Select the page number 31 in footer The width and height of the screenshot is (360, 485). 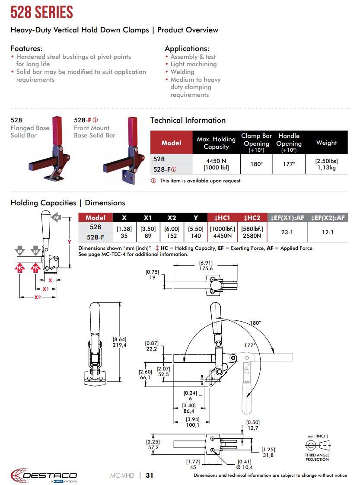tap(150, 475)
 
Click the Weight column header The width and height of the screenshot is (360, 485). tap(326, 143)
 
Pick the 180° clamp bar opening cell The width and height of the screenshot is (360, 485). tap(256, 164)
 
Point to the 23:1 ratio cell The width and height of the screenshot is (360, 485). tap(287, 232)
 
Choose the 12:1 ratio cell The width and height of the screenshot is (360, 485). tap(328, 232)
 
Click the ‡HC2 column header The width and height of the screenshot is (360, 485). tap(252, 218)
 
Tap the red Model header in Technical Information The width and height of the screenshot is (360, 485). tap(171, 143)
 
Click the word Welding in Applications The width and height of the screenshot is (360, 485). tap(182, 72)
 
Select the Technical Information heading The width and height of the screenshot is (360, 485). tap(188, 120)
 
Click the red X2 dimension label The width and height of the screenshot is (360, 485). tap(38, 297)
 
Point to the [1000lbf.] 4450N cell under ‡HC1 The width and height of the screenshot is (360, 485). tap(222, 232)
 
